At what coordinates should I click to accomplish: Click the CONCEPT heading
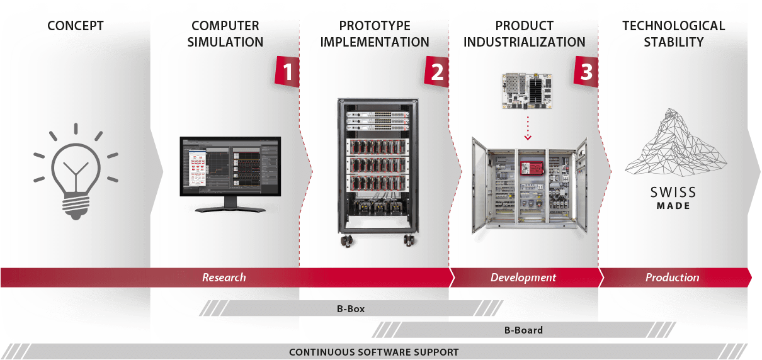(x=76, y=26)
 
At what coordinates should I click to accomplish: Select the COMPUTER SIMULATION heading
(x=225, y=34)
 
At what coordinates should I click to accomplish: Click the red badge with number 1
(x=287, y=71)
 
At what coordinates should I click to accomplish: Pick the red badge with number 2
(x=436, y=71)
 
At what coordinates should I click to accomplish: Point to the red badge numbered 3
(x=586, y=71)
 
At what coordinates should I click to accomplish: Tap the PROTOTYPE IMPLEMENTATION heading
(x=375, y=34)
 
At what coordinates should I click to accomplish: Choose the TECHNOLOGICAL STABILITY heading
(x=673, y=34)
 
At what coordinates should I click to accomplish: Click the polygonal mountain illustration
(x=673, y=142)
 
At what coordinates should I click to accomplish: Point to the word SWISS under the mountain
(x=673, y=192)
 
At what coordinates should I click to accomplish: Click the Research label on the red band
(x=224, y=278)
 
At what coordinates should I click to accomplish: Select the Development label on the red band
(x=523, y=278)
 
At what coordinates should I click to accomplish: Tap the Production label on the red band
(x=672, y=278)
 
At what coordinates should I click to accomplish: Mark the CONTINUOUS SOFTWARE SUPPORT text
(x=374, y=352)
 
